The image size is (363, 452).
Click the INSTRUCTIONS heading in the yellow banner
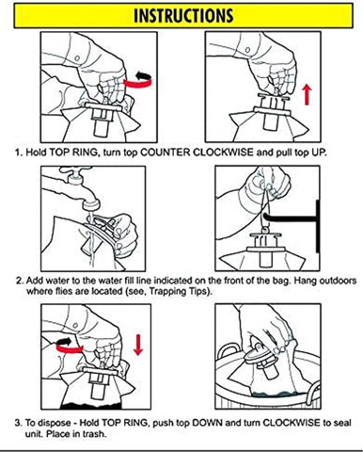(x=183, y=15)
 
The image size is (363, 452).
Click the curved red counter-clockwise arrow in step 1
(x=139, y=82)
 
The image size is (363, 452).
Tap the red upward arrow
(x=307, y=95)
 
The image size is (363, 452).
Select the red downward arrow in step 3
(x=138, y=345)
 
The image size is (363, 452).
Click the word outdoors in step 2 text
(x=338, y=280)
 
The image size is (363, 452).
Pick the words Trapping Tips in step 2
(x=179, y=291)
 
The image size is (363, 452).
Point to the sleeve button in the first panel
(x=76, y=58)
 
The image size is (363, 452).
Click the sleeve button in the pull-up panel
(x=247, y=50)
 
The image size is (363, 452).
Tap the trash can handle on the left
(x=228, y=349)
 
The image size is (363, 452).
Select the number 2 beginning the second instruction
(x=19, y=280)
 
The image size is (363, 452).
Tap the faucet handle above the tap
(x=75, y=171)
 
